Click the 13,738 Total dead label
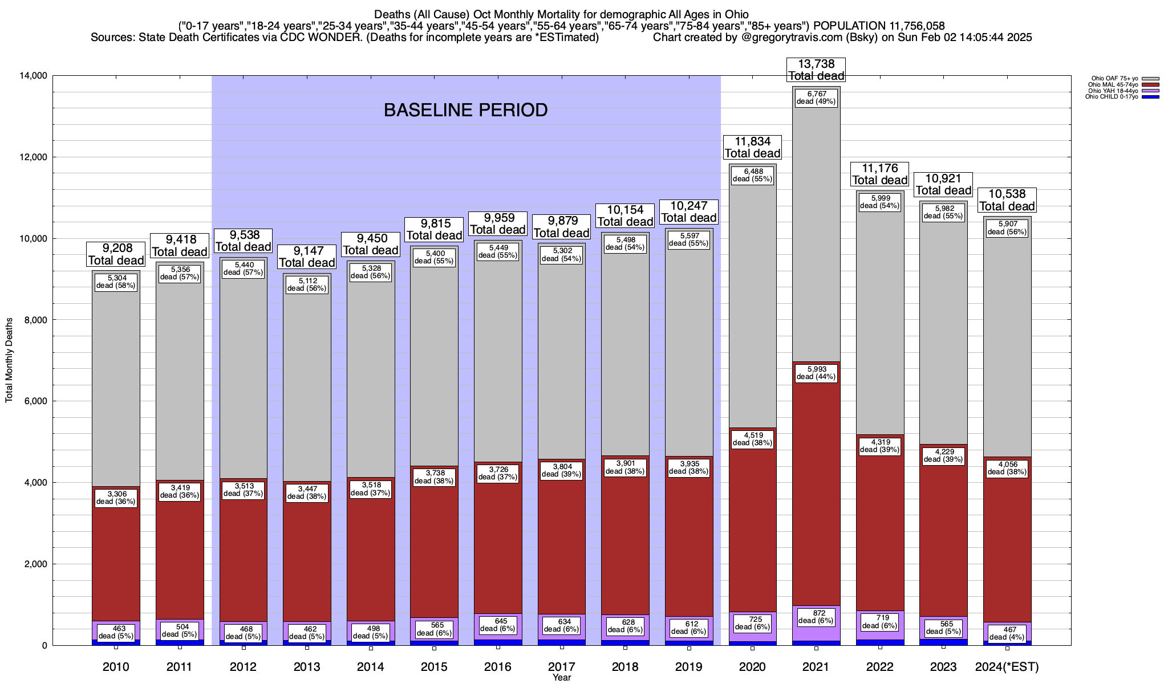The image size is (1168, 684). click(x=816, y=70)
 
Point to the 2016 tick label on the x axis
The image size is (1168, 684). click(x=498, y=667)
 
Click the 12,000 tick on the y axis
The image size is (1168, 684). click(x=34, y=157)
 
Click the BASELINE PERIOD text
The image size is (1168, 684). click(x=465, y=110)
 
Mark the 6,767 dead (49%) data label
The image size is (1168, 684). click(x=816, y=97)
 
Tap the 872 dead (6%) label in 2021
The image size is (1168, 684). click(x=816, y=617)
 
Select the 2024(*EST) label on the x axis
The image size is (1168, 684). click(x=1007, y=667)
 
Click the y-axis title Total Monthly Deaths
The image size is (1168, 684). click(x=9, y=360)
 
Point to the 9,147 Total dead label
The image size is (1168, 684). click(x=307, y=256)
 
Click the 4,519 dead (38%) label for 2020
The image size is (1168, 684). click(x=752, y=438)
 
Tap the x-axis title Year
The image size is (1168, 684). click(x=561, y=677)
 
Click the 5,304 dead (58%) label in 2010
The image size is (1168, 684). click(x=116, y=282)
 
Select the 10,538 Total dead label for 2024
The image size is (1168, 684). click(x=1007, y=200)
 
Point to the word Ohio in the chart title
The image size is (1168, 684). click(x=736, y=14)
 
